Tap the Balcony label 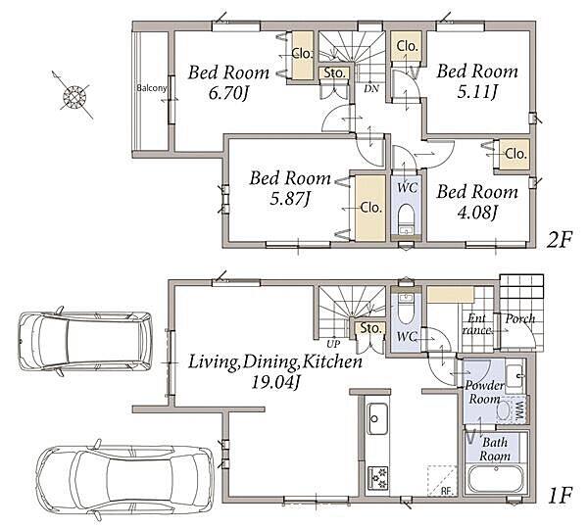(152, 88)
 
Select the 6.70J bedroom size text (228, 93)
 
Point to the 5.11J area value (477, 91)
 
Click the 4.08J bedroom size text (477, 213)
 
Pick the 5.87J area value (291, 199)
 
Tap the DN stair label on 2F (371, 88)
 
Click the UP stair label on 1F (333, 344)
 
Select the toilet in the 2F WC (406, 219)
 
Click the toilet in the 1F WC (406, 310)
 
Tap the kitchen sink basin (377, 418)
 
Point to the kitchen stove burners (377, 478)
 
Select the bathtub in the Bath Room (496, 478)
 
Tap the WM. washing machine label (520, 411)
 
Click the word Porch (520, 319)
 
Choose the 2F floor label (559, 240)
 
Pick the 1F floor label (560, 496)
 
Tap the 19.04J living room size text (275, 382)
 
